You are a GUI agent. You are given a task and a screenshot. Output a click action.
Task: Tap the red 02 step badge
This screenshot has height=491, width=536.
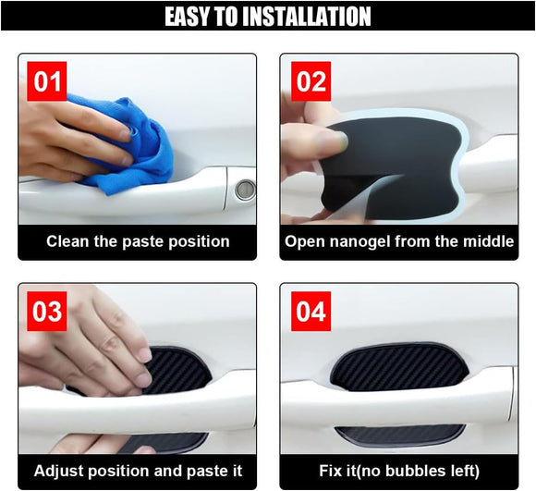311,81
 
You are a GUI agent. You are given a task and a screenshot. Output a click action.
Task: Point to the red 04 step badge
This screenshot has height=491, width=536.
311,311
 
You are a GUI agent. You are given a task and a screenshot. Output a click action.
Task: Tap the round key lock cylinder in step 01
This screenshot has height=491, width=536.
244,190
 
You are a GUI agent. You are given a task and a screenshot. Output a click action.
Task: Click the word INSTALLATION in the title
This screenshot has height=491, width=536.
298,16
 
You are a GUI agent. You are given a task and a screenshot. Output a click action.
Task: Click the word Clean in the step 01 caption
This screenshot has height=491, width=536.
69,241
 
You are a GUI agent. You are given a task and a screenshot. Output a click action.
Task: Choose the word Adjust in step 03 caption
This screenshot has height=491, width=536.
57,471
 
